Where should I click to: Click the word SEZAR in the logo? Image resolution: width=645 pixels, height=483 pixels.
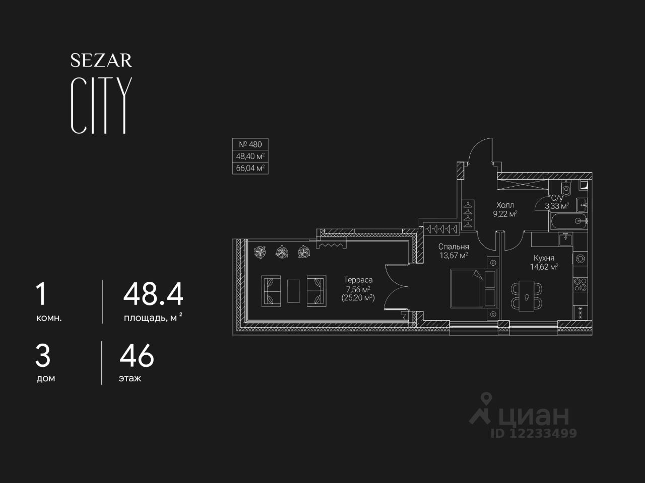coord(101,61)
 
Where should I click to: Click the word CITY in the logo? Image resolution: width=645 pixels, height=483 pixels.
coord(101,106)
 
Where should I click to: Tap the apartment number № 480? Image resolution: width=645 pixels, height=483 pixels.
coord(250,144)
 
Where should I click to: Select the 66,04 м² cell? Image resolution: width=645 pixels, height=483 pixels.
coord(250,168)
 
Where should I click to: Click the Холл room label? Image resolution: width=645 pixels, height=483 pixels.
coord(505,205)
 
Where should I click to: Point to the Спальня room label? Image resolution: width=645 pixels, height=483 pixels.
coord(454,247)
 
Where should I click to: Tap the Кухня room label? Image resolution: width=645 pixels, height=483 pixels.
coord(544,258)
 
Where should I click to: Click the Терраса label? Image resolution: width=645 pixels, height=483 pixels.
coord(358,280)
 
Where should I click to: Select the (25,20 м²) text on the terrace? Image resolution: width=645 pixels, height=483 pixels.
coord(358,298)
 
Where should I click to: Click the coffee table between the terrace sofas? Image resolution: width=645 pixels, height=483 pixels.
coord(294,291)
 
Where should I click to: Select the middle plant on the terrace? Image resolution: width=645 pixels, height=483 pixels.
coord(282,252)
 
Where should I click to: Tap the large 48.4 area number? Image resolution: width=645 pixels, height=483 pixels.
coord(153,294)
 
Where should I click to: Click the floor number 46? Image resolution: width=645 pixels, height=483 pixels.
coord(137,356)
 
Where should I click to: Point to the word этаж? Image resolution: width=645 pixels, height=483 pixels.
coord(130,378)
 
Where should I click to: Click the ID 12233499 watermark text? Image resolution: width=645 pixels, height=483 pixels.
coord(534,433)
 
